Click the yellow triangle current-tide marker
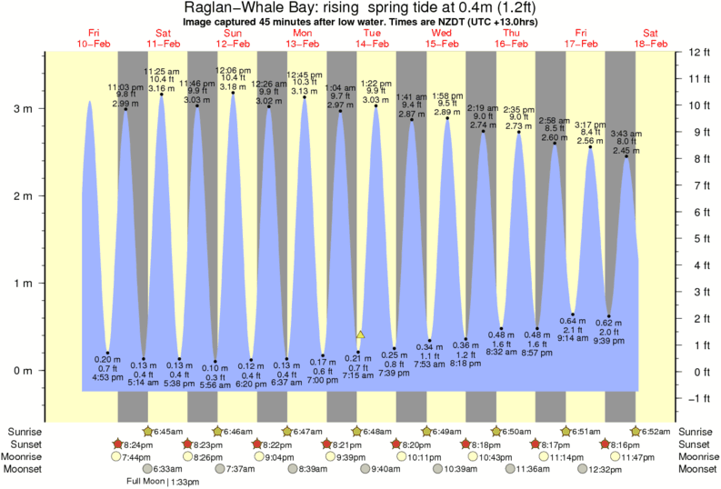point(360,335)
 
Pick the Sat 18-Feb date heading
point(652,38)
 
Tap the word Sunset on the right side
point(696,444)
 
